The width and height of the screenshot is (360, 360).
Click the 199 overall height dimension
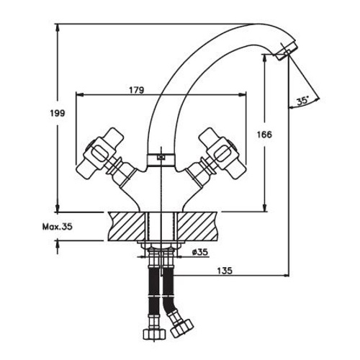pos(58,112)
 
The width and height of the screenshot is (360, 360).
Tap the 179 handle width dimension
pos(137,90)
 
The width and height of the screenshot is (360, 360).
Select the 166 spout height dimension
pos(265,135)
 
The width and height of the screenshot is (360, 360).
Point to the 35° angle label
pos(302,101)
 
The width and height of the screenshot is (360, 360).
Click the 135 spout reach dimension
pos(225,271)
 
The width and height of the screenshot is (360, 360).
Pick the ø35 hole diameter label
pos(199,252)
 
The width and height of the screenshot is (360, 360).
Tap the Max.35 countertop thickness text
pos(58,227)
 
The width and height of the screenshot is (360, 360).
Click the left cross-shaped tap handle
pos(99,153)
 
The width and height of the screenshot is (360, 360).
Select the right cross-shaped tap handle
pos(222,153)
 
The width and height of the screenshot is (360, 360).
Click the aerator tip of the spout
pos(286,51)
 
